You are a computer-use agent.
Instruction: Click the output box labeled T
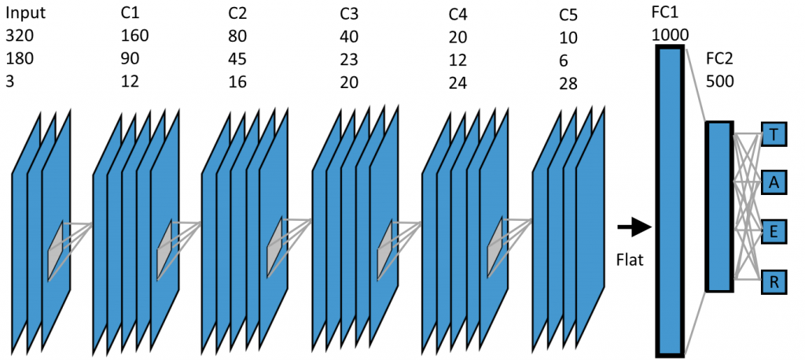click(774, 135)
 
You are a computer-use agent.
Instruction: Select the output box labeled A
click(774, 183)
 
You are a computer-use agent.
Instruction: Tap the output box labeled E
click(774, 231)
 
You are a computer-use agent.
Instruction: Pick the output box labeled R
click(774, 280)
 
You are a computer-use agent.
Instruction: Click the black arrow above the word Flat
click(633, 228)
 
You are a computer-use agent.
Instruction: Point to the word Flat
click(629, 257)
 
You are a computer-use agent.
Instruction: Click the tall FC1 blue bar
click(669, 200)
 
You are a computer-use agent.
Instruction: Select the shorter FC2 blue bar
click(719, 206)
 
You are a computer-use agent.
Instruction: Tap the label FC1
click(664, 14)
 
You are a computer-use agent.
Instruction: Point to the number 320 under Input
click(20, 36)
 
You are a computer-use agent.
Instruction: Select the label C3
click(348, 14)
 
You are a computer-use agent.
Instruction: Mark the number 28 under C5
click(568, 81)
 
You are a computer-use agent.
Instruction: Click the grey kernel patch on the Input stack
click(54, 250)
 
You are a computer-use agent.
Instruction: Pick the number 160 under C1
click(134, 36)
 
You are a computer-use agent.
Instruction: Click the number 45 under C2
click(237, 59)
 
